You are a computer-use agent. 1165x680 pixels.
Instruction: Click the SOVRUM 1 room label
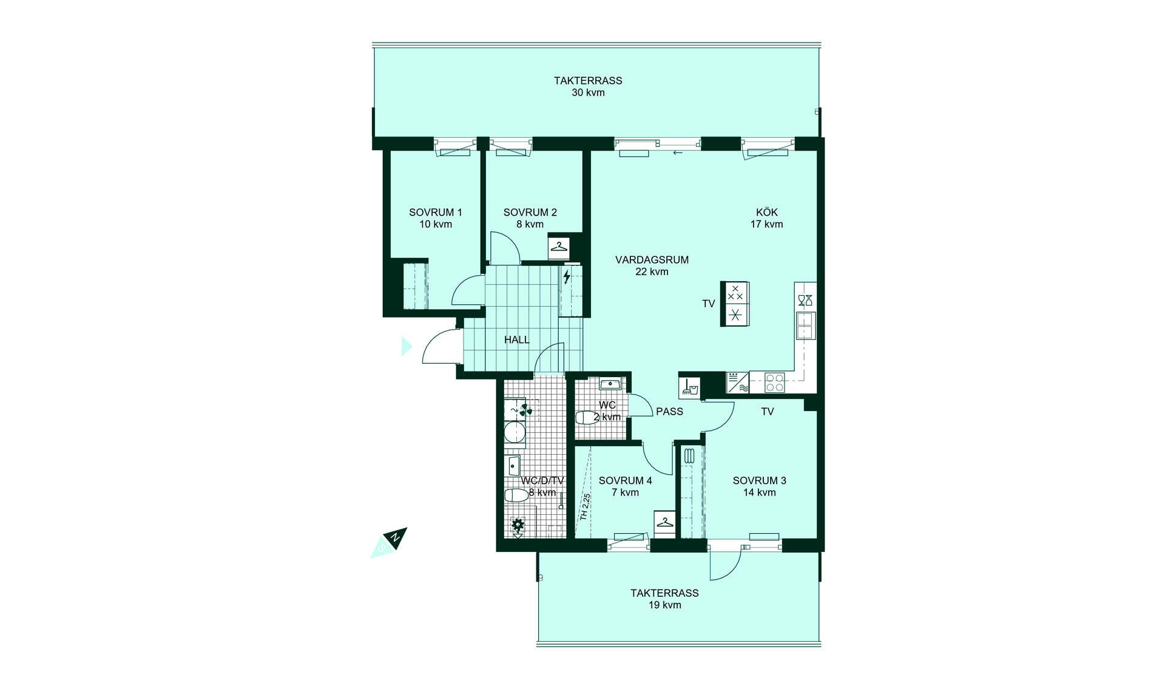[x=436, y=218]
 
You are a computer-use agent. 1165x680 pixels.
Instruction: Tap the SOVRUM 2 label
[x=530, y=218]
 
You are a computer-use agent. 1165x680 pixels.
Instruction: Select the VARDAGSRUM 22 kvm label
[x=652, y=265]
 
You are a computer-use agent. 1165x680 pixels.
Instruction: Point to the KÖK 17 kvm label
[x=767, y=218]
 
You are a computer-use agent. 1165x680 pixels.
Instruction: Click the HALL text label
[x=517, y=340]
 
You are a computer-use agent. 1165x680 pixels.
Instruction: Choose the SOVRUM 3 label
[x=760, y=486]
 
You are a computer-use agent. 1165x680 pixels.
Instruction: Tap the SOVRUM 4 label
[x=626, y=486]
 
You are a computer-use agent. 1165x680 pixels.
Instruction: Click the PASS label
[x=669, y=412]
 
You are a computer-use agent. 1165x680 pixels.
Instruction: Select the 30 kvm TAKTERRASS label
[x=588, y=86]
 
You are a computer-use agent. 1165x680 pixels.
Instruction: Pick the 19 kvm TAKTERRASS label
[x=664, y=599]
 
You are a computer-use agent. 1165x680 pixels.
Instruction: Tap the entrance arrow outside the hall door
[x=407, y=346]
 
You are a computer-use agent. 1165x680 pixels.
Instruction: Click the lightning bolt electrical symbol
[x=567, y=277]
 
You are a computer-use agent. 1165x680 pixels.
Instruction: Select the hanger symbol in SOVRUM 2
[x=559, y=247]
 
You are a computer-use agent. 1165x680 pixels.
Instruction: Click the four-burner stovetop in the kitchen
[x=775, y=382]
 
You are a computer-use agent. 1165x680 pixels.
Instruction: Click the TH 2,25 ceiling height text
[x=585, y=507]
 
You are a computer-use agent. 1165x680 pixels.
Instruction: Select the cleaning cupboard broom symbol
[x=689, y=387]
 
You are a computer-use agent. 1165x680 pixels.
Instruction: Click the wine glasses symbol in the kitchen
[x=805, y=301]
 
